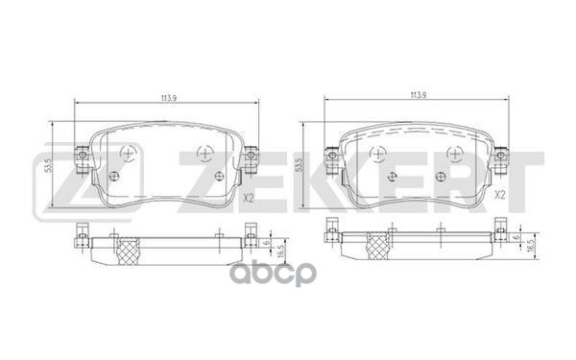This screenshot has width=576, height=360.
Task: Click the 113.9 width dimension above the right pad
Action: [x=417, y=95]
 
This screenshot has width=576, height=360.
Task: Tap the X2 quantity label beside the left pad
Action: [x=248, y=200]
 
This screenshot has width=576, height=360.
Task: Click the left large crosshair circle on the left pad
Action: [x=129, y=152]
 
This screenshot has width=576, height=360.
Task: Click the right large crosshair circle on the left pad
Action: [x=204, y=152]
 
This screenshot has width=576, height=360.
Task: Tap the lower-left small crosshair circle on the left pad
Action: [x=113, y=176]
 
